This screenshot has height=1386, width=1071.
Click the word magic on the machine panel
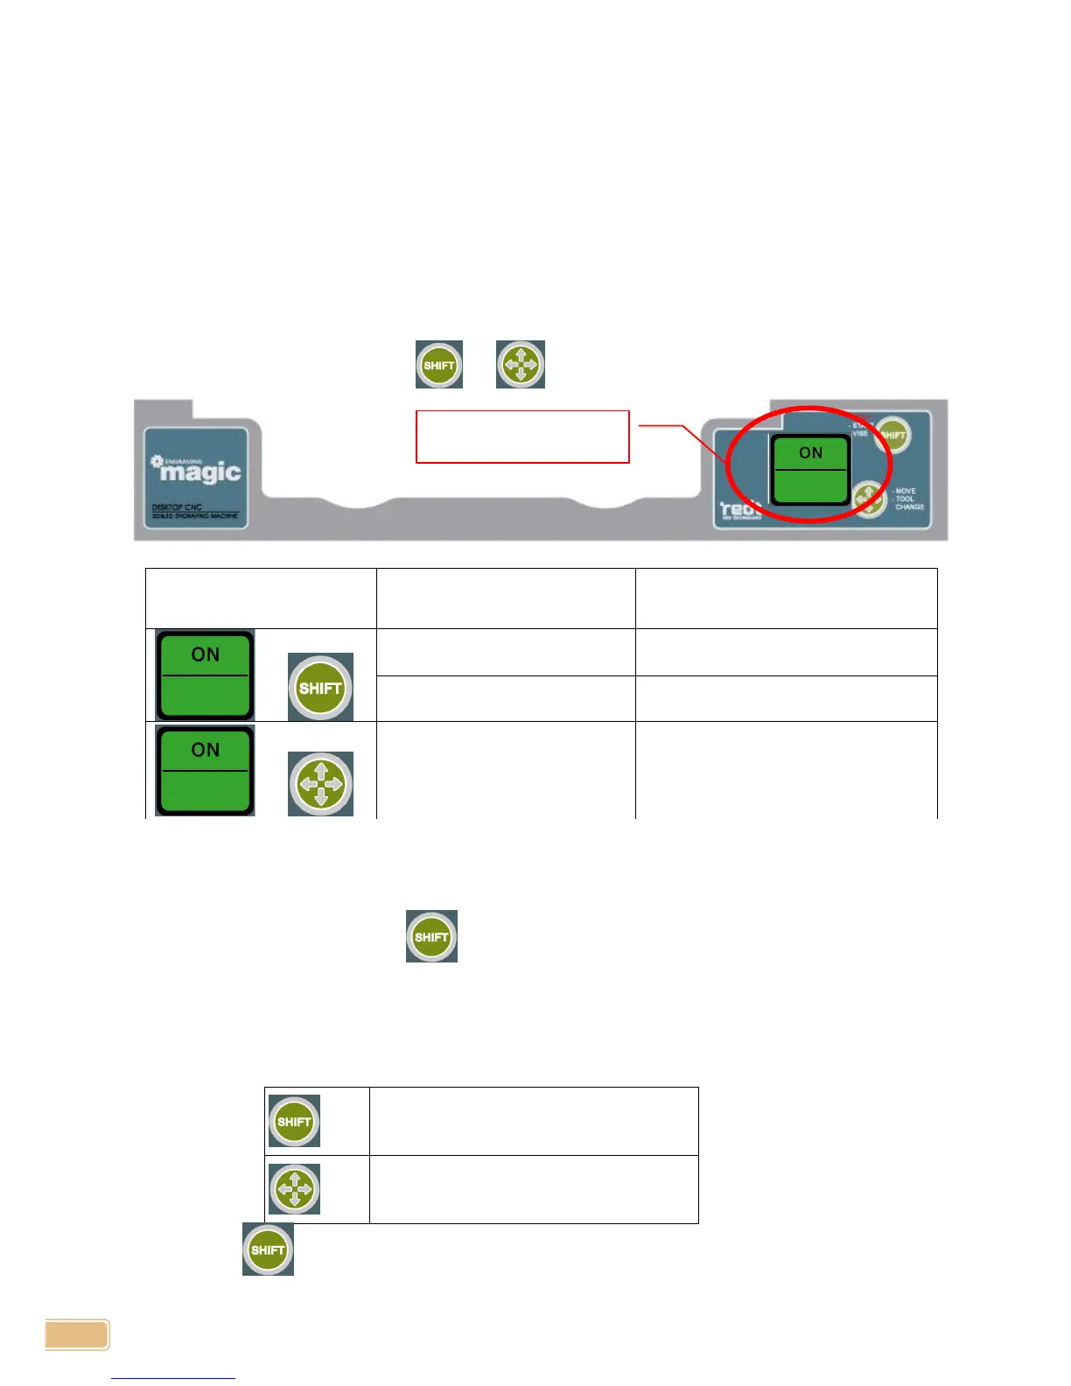(200, 472)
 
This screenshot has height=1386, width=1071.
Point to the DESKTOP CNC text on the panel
(177, 507)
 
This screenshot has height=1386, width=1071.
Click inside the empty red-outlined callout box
(522, 437)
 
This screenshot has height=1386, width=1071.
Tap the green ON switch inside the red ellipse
(809, 470)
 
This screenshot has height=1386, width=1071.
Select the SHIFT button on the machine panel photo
(892, 435)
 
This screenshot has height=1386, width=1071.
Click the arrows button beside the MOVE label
(869, 499)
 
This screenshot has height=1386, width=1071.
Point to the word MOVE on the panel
(906, 491)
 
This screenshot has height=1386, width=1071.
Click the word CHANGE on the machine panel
(909, 507)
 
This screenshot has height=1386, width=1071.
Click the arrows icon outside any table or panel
(521, 364)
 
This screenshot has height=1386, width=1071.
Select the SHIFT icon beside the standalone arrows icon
(439, 365)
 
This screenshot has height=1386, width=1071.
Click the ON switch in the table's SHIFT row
(205, 675)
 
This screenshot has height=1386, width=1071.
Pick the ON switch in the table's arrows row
(205, 770)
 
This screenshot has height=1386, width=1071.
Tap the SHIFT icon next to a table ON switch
(320, 687)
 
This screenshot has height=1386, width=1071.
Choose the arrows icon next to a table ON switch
(320, 783)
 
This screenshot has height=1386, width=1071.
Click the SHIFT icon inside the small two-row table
(294, 1121)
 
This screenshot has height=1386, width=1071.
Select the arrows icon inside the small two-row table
(294, 1188)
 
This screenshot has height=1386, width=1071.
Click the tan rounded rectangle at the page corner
(78, 1335)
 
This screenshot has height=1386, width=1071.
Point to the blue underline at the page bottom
(173, 1378)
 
